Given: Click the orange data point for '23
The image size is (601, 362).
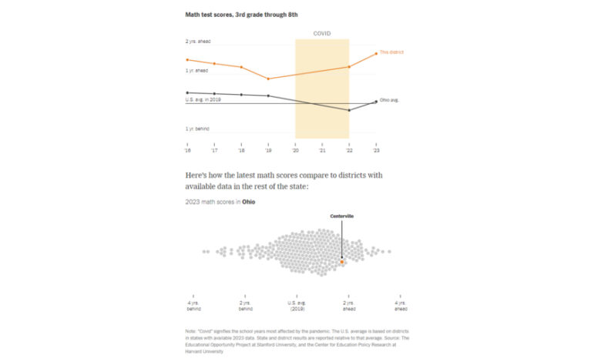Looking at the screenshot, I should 376,53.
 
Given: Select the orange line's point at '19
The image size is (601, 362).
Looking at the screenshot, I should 268,79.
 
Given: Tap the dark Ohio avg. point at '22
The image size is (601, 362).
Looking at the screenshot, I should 349,110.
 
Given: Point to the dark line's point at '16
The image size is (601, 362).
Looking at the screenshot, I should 187,92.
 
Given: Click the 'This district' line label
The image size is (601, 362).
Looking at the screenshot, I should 391,52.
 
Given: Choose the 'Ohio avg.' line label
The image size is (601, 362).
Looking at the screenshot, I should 389,100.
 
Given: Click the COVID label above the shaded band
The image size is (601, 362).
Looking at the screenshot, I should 322,34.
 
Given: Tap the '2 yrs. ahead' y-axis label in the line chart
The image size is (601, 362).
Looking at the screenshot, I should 197,41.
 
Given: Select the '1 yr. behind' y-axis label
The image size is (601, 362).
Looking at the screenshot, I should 196,129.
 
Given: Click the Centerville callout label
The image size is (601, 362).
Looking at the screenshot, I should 341,216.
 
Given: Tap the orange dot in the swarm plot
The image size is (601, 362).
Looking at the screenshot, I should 342,263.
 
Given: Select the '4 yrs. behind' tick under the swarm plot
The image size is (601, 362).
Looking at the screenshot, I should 193,306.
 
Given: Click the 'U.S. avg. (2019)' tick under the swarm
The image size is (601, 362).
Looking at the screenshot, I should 297,306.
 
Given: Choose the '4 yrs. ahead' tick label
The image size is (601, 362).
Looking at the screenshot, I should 400,306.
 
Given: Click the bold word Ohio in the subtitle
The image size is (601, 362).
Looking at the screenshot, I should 249,202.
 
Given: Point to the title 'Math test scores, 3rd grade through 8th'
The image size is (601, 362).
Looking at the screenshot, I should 240,15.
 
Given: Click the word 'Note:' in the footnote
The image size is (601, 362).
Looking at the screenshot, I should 191,331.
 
